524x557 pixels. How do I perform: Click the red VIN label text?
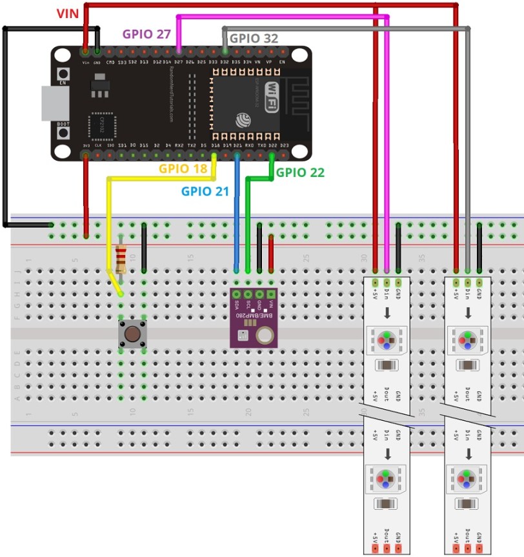coord(67,14)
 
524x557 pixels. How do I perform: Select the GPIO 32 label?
coord(254,39)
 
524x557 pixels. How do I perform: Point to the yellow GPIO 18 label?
coord(184,169)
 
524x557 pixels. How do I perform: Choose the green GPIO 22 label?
coord(300,172)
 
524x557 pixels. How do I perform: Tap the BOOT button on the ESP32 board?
coord(63,132)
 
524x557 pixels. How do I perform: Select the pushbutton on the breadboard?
coord(132,334)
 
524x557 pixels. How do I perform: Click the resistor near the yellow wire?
coord(121,259)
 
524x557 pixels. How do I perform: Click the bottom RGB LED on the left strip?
coord(386,479)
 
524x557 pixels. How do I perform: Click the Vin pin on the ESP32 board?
coord(85,50)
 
